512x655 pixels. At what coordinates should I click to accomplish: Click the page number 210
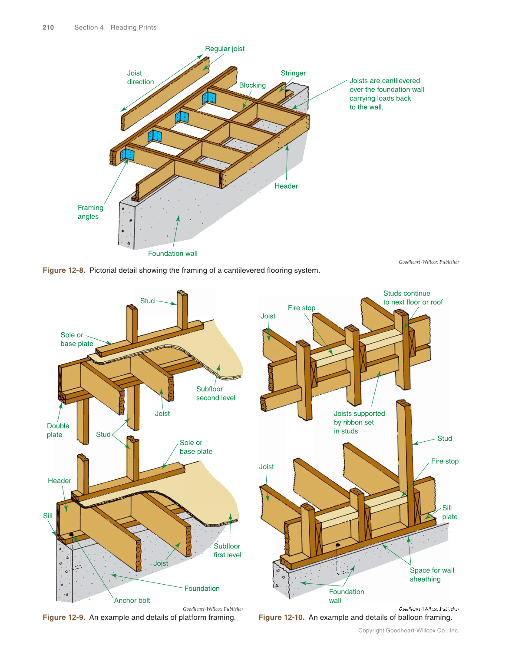(48, 27)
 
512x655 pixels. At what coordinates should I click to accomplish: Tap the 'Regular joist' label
(225, 49)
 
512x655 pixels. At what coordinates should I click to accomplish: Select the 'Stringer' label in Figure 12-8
(293, 73)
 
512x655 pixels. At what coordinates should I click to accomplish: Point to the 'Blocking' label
(252, 85)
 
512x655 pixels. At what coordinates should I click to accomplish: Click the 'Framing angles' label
(90, 212)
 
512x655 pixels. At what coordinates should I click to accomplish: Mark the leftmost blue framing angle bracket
(127, 155)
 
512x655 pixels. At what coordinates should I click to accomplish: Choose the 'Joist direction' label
(140, 77)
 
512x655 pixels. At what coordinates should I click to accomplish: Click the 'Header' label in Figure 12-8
(286, 186)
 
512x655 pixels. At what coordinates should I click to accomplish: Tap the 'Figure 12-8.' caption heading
(64, 270)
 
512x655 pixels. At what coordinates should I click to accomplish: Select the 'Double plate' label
(58, 430)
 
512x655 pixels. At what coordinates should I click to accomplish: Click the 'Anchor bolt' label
(132, 600)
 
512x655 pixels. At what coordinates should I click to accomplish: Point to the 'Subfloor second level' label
(215, 394)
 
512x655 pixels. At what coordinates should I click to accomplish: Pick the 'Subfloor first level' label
(227, 550)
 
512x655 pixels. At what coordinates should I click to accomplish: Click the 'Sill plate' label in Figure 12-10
(449, 512)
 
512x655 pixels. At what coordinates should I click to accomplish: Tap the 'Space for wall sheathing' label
(432, 575)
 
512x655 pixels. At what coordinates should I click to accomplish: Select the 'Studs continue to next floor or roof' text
(413, 298)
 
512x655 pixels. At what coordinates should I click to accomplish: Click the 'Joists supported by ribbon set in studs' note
(359, 422)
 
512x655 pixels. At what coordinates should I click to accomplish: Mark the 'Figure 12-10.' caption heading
(281, 617)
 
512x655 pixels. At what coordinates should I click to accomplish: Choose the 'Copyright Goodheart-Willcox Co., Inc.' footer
(408, 630)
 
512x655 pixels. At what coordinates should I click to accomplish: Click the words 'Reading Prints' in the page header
(133, 27)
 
